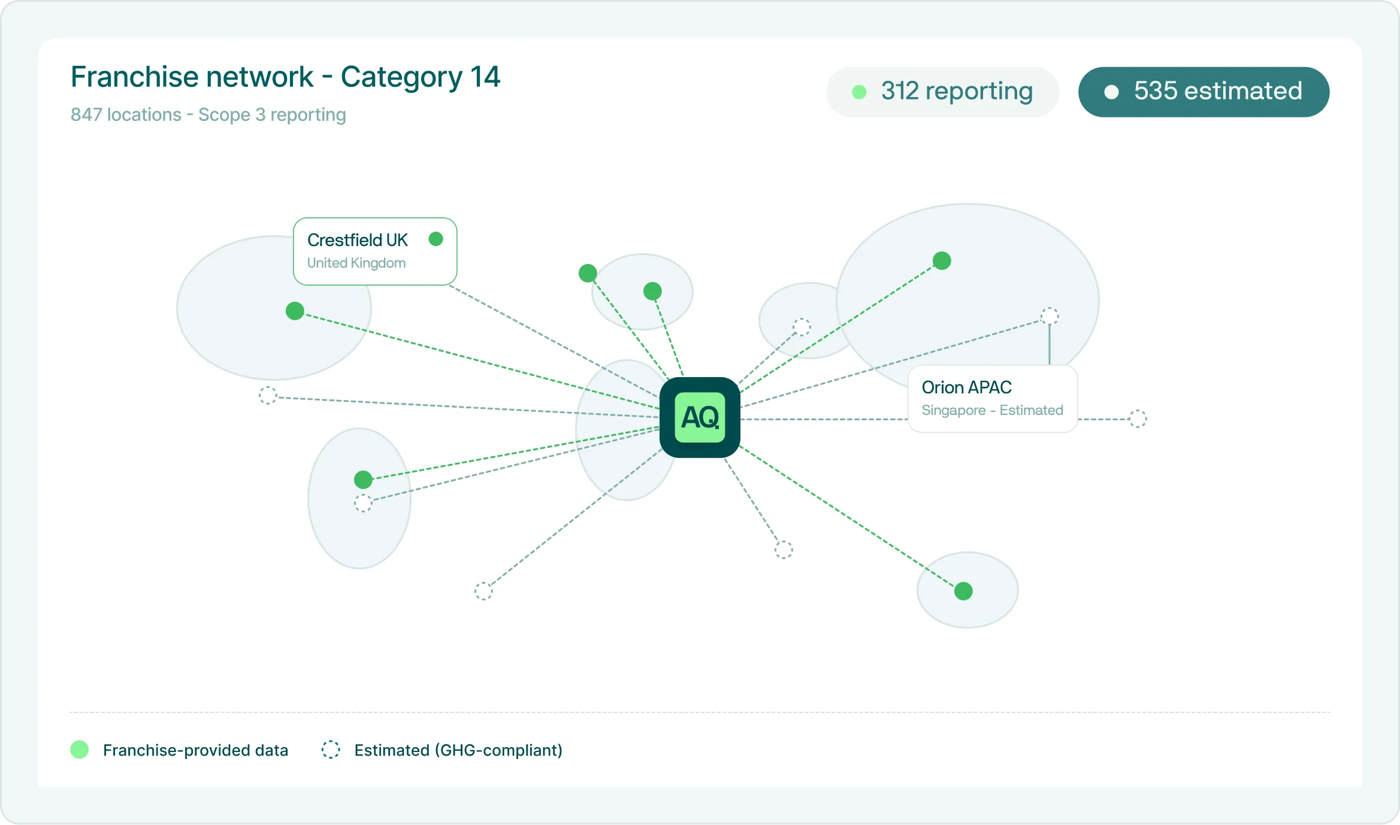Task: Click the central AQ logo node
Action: point(700,417)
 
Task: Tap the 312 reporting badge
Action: point(942,92)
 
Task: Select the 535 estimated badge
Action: point(1204,92)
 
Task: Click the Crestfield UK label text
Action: point(357,240)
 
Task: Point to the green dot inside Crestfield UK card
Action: point(436,239)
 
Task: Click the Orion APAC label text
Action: point(966,387)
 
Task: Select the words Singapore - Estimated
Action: point(992,410)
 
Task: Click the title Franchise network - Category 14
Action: point(285,77)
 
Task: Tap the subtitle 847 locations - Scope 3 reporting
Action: point(208,114)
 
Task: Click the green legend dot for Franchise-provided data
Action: point(80,750)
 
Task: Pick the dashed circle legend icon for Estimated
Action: point(331,750)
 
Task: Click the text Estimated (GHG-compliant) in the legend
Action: point(458,750)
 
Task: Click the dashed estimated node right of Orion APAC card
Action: point(1138,419)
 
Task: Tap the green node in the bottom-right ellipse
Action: point(963,591)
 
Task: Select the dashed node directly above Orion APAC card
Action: point(1050,316)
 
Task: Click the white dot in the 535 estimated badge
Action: point(1111,92)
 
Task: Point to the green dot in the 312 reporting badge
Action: point(859,92)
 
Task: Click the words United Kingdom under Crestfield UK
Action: point(356,263)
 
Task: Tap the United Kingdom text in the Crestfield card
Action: point(356,263)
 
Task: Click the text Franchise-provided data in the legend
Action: point(195,750)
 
